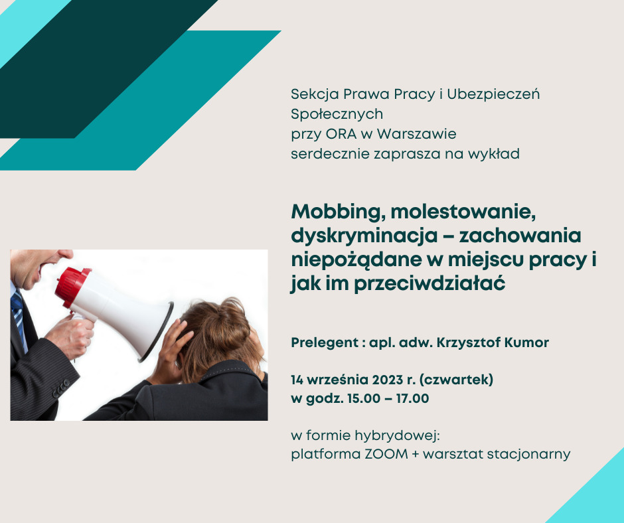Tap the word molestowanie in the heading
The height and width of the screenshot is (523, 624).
click(x=463, y=211)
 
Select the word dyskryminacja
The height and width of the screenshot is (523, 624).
click(x=364, y=236)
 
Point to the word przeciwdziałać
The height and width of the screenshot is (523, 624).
click(x=429, y=283)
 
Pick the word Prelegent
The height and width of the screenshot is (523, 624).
click(x=325, y=342)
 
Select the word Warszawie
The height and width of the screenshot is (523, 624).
click(x=416, y=134)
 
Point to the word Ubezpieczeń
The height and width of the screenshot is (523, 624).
click(x=493, y=94)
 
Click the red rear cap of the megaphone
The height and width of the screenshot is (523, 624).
click(x=71, y=287)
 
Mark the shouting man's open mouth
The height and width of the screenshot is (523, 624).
click(x=44, y=267)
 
